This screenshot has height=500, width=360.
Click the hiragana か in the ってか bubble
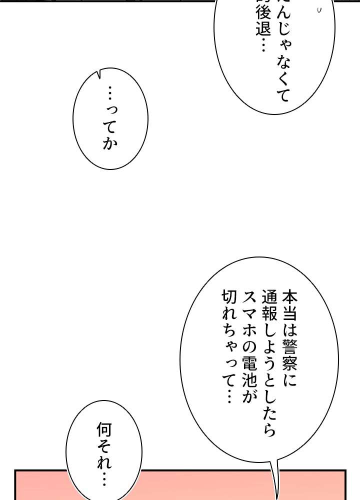click(110, 143)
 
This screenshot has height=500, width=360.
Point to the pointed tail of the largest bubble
click(275, 492)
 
